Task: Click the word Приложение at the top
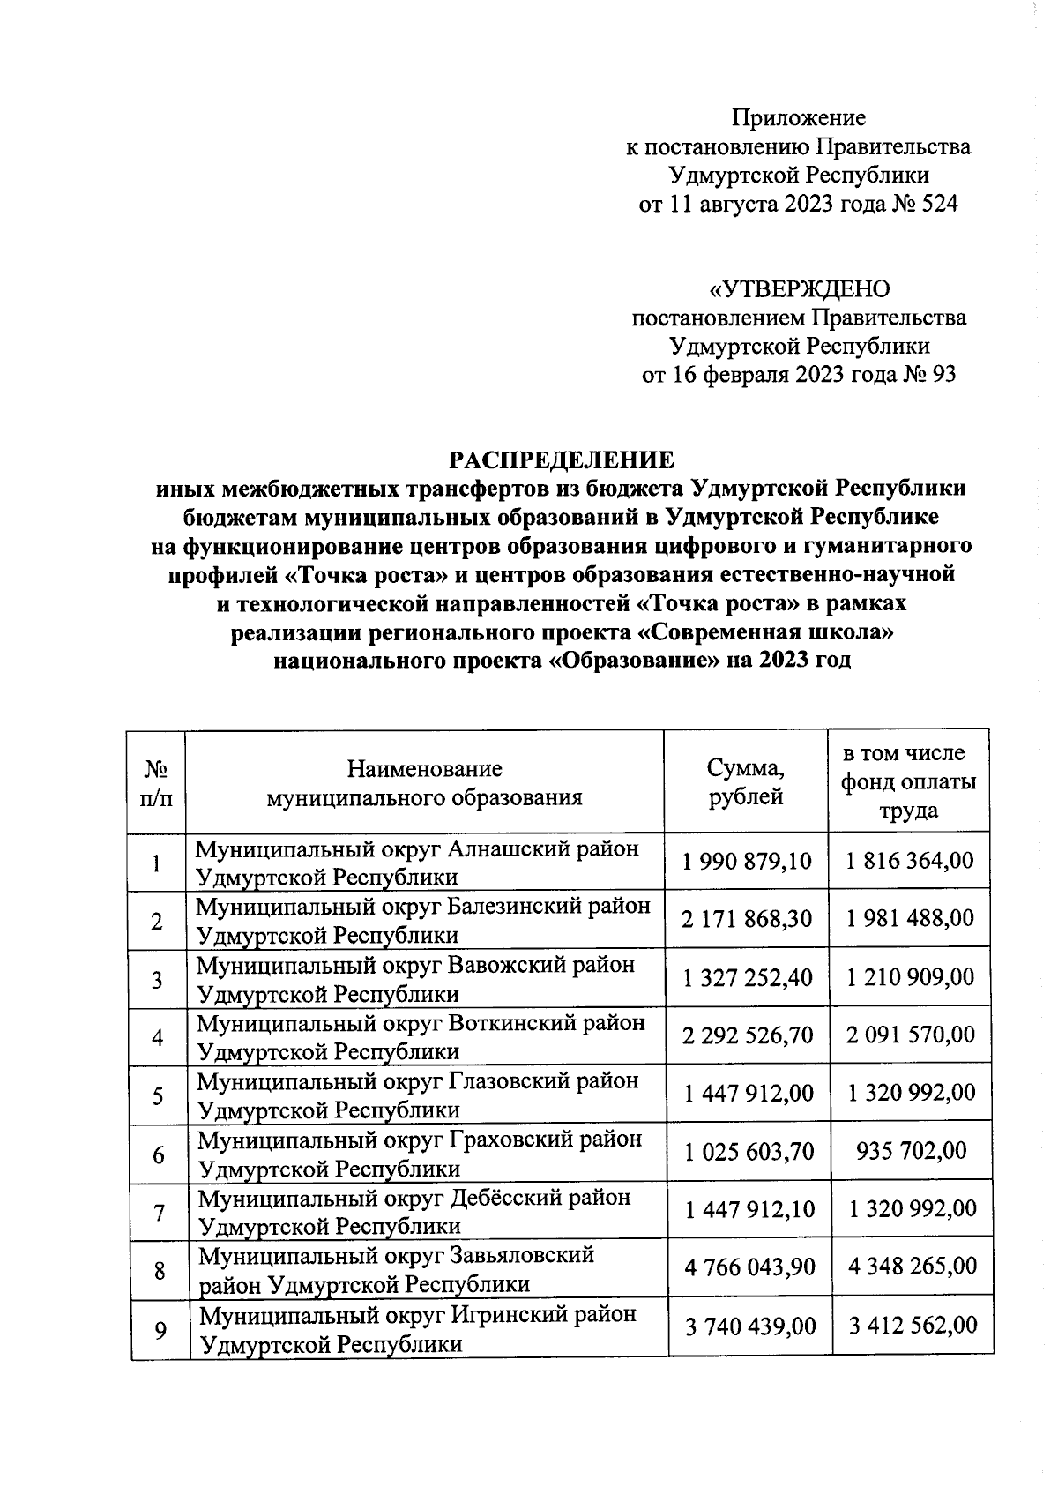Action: tap(799, 117)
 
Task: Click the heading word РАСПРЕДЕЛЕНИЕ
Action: tap(563, 460)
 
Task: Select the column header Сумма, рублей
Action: tap(746, 782)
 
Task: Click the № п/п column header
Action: tap(156, 782)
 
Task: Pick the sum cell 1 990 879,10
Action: tap(747, 861)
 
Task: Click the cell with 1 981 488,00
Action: tap(910, 919)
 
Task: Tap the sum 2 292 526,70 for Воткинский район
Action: tap(748, 1035)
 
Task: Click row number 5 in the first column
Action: tap(158, 1096)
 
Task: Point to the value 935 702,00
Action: tap(912, 1151)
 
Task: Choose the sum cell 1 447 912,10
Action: tap(749, 1208)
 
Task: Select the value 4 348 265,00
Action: tap(913, 1267)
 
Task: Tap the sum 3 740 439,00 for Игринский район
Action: tap(749, 1326)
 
